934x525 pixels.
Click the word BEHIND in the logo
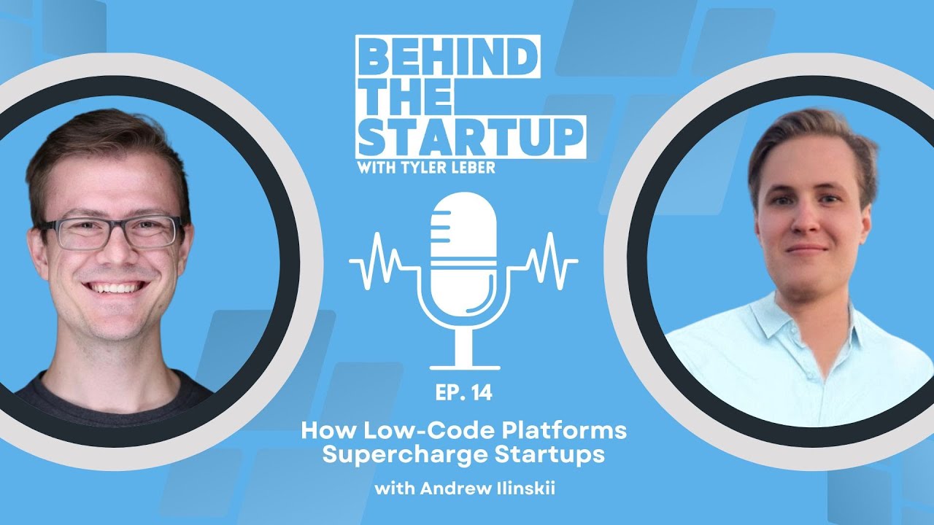[x=447, y=58]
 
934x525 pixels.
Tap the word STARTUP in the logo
[x=471, y=134]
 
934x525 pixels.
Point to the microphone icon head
[x=464, y=233]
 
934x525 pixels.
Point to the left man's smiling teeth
[x=112, y=287]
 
